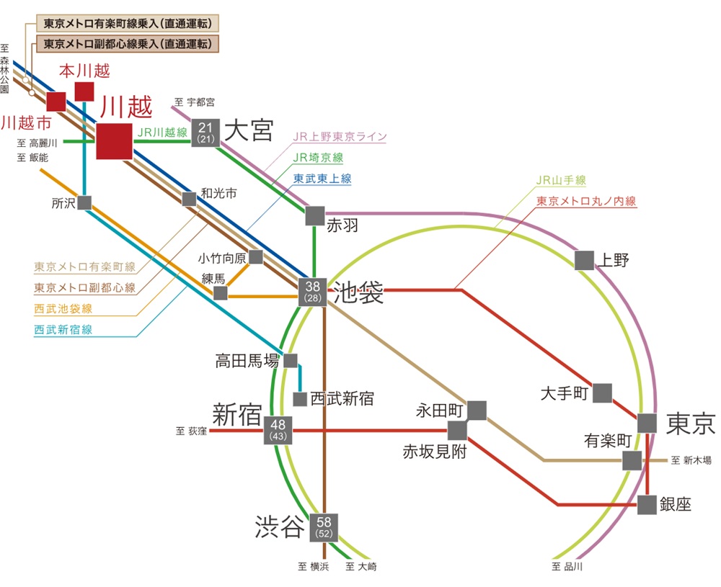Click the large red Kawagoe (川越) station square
coord(114,141)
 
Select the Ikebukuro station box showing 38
coord(314,292)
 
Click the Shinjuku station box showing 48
coord(278,431)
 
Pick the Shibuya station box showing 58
coord(324,526)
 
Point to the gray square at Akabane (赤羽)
coord(315,215)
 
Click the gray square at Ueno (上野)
coord(585,260)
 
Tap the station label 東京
coord(690,424)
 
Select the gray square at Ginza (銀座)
coord(647,505)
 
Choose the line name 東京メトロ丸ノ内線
coord(586,202)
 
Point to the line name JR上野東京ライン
coord(340,137)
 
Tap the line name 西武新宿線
coord(63,330)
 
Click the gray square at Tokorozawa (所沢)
coord(84,203)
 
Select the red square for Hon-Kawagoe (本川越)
coord(84,91)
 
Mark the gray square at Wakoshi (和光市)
coord(189,199)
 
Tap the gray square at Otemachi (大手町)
coord(603,393)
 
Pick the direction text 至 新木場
coord(691,460)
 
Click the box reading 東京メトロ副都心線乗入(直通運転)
coord(128,44)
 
